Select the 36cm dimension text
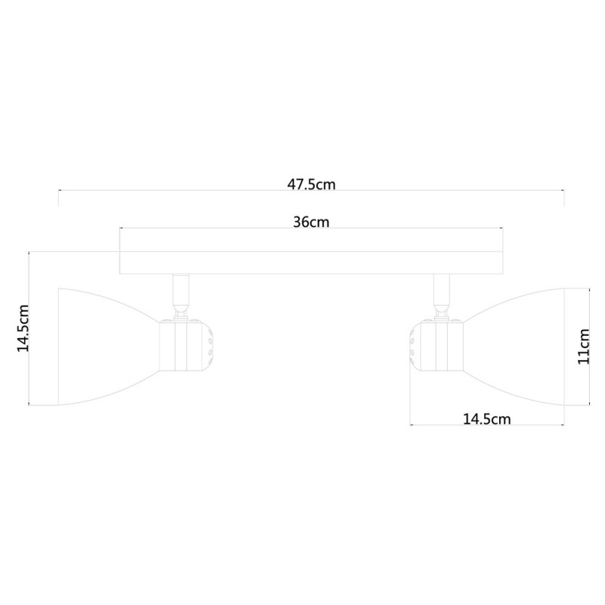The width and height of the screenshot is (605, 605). [311, 222]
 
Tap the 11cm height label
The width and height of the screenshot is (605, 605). [582, 346]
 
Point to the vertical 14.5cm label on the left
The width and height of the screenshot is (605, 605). [23, 328]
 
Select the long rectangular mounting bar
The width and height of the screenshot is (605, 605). [312, 262]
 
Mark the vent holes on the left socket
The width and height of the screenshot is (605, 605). [208, 346]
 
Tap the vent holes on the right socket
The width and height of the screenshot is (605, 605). [413, 346]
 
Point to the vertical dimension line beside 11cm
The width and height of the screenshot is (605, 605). [590, 346]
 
